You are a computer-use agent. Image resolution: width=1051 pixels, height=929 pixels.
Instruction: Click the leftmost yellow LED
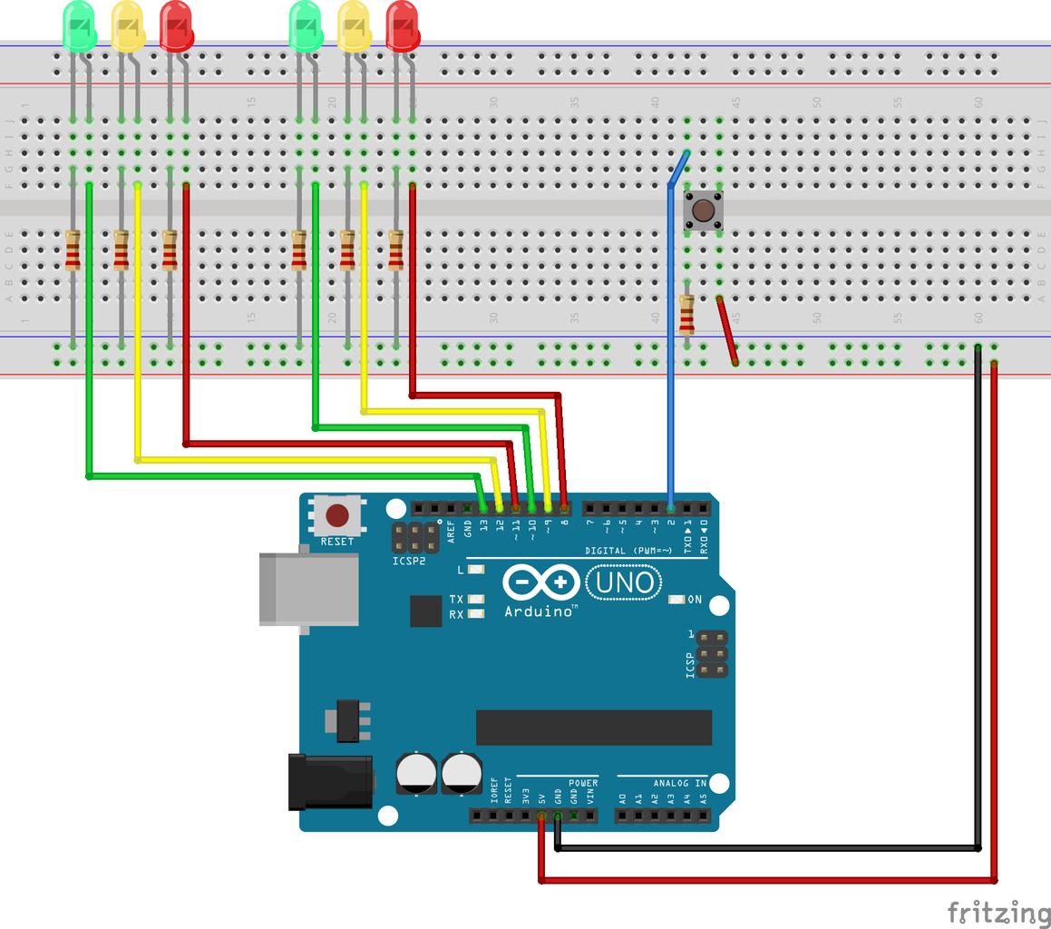pos(128,25)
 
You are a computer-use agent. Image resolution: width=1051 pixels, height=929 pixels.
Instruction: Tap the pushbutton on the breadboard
pos(702,210)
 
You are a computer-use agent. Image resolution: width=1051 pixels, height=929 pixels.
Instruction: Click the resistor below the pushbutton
pos(686,314)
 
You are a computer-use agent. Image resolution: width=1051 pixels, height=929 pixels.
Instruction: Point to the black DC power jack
pos(330,782)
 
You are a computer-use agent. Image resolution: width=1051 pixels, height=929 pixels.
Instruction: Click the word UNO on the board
pos(625,582)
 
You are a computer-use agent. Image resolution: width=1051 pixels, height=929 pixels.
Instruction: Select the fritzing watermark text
pos(997,911)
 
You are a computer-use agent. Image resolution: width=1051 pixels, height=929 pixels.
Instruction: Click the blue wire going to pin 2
pos(670,363)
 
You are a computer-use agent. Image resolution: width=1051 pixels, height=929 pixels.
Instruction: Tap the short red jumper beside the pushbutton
pos(726,330)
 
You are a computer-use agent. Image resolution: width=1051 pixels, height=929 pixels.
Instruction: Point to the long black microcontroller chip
pos(594,727)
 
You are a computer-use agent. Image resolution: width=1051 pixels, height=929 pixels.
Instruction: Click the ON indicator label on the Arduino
pos(696,600)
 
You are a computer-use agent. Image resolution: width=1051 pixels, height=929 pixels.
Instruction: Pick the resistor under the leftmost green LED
pos(73,250)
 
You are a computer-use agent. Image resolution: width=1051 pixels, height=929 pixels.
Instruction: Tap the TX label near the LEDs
pos(456,600)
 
